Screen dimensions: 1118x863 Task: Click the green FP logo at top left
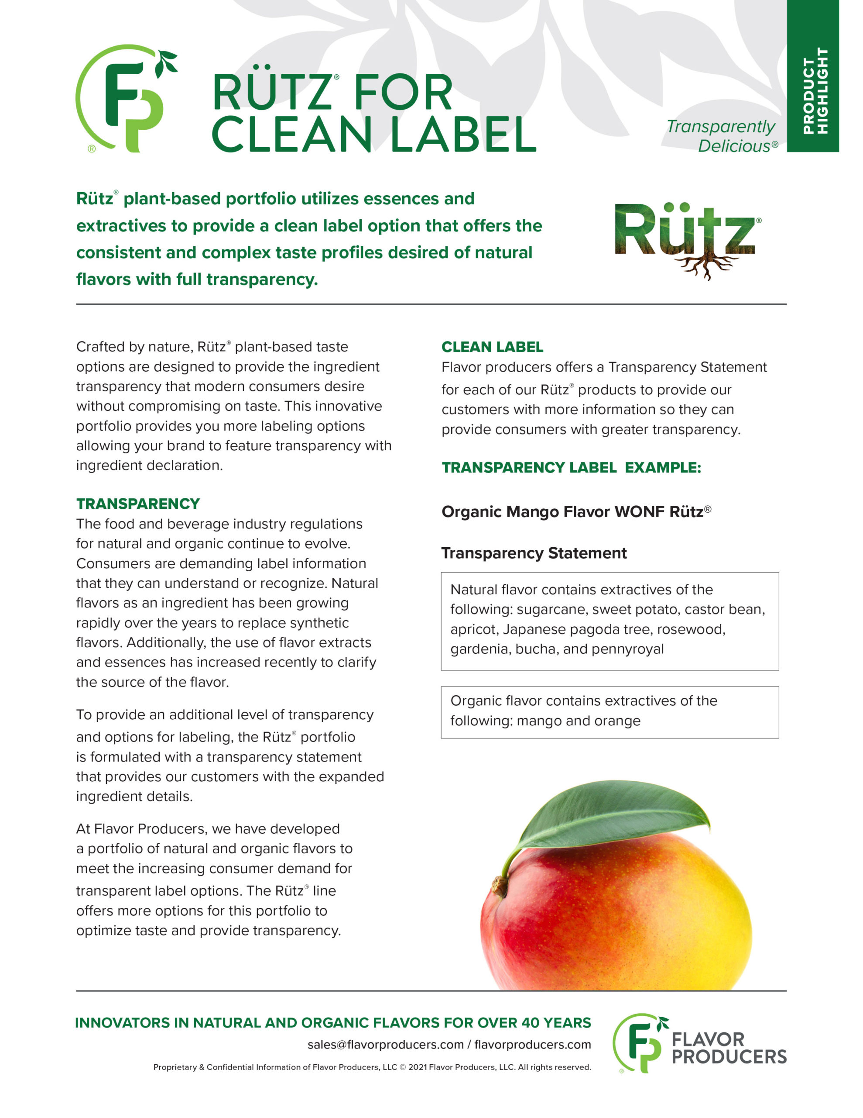125,98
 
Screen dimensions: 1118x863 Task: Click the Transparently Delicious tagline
722,136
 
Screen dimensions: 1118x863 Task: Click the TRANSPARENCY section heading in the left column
137,504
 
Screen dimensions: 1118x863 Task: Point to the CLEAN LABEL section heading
492,347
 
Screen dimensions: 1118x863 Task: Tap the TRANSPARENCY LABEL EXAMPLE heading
571,467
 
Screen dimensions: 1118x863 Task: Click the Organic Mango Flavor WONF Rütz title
576,511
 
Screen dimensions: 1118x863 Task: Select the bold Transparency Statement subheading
534,553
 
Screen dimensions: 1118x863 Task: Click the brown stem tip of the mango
498,884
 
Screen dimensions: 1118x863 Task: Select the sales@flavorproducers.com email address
385,1044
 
